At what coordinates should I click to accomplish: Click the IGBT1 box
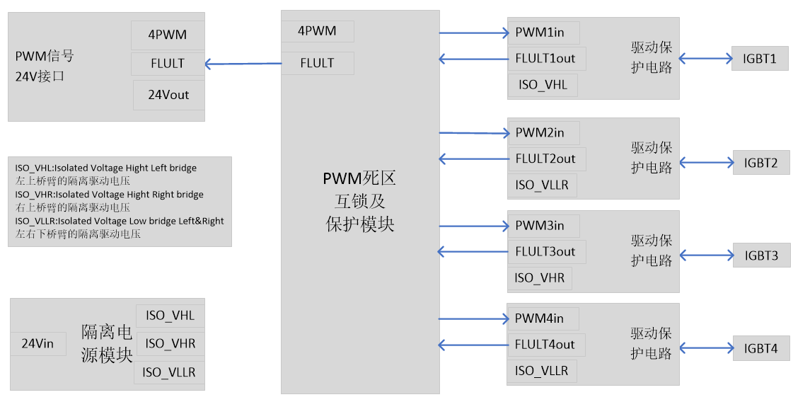point(760,59)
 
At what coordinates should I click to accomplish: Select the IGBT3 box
point(761,255)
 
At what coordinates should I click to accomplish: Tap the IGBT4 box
point(760,349)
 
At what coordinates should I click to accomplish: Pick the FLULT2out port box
point(547,159)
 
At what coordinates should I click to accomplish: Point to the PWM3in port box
point(543,226)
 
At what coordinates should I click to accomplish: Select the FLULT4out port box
point(547,345)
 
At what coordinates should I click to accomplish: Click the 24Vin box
point(38,344)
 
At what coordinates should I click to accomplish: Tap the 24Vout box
point(168,95)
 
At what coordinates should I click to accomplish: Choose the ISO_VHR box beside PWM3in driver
point(540,278)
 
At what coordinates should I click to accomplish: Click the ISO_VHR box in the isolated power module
point(170,344)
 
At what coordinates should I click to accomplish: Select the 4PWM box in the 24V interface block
point(168,35)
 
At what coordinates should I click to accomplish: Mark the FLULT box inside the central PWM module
point(317,63)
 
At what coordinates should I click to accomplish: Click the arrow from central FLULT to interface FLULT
point(243,64)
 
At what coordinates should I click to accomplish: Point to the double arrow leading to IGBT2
point(705,163)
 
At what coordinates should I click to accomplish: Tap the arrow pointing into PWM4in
point(473,318)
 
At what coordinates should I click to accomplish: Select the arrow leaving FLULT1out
point(473,59)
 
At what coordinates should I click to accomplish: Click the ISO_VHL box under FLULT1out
point(543,85)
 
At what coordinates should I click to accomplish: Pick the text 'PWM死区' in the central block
point(359,178)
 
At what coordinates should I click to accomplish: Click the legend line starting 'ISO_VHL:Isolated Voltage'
point(106,168)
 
